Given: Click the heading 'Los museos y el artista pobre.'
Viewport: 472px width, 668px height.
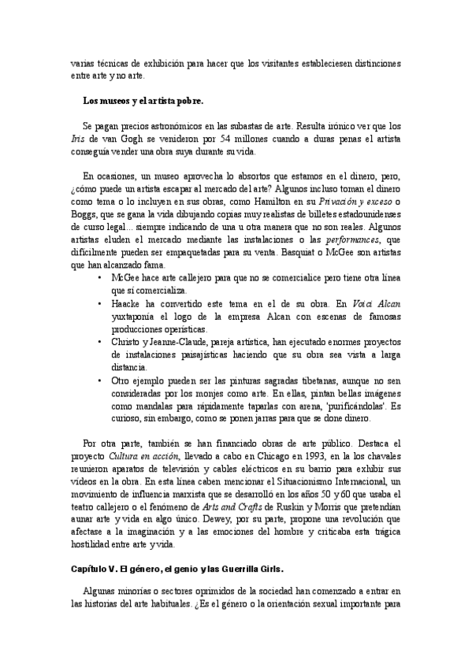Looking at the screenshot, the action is [x=143, y=101].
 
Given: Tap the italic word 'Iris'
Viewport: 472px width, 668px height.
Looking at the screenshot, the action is [x=77, y=138].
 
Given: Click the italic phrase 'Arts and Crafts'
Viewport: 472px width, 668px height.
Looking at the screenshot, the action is [x=222, y=506].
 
